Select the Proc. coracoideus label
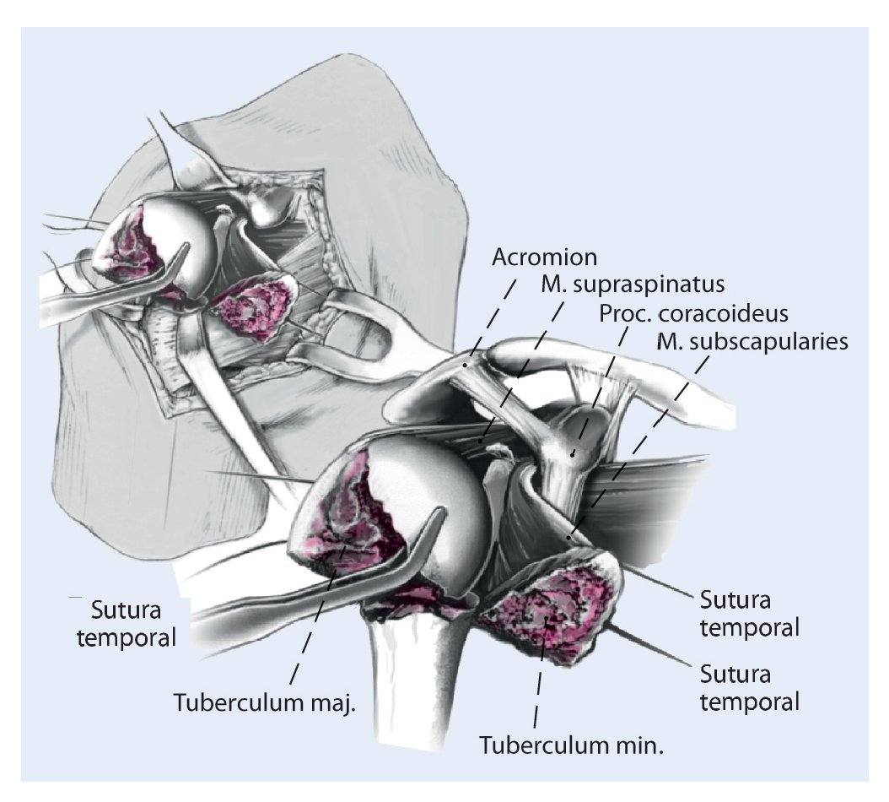(693, 313)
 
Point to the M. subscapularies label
(752, 341)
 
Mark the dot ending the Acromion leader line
(466, 365)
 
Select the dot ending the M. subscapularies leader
(569, 538)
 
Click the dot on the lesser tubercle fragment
(548, 620)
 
